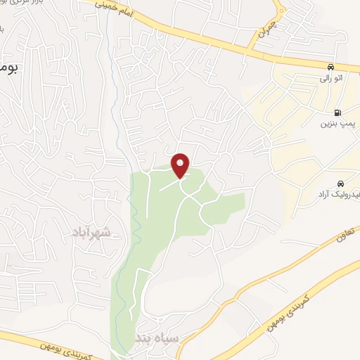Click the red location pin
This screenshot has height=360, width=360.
(181, 165)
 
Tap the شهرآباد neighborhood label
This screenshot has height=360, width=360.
(91, 231)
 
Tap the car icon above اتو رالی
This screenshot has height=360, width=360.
(329, 67)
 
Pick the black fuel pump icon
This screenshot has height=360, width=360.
(340, 112)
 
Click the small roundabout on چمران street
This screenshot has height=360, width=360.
(279, 11)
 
